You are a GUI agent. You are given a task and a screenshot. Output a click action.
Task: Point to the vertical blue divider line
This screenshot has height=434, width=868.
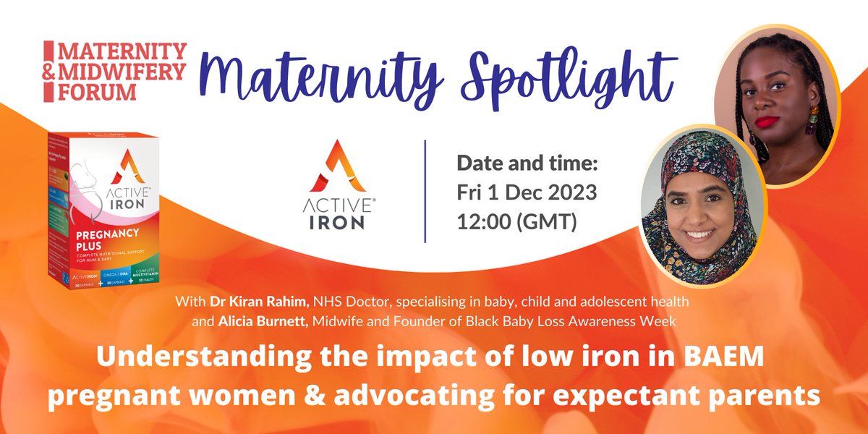pyautogui.click(x=425, y=191)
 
